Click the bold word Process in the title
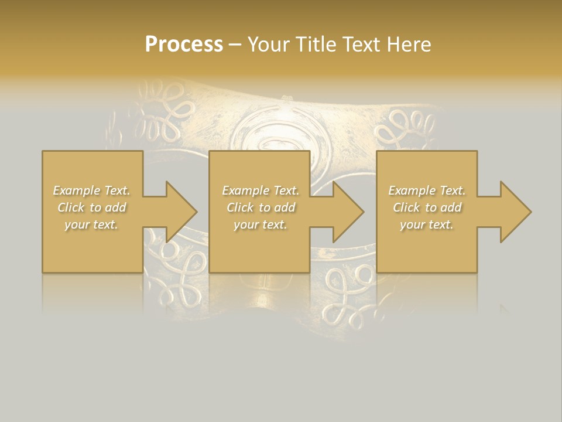pos(184,45)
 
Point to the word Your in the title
pos(270,45)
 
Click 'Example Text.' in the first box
pos(91,190)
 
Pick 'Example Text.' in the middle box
pos(260,190)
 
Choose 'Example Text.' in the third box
pos(427,190)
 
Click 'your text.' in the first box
pos(91,224)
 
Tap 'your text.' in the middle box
pos(260,224)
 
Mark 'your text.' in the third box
pos(427,224)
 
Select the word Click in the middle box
pos(240,207)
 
